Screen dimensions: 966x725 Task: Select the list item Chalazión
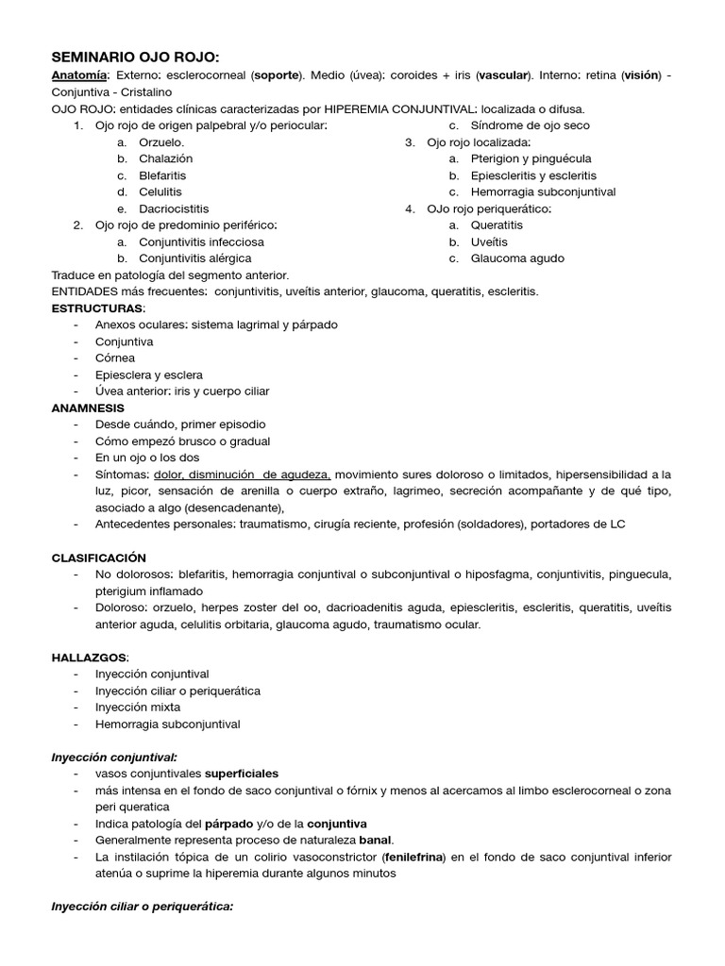(x=165, y=158)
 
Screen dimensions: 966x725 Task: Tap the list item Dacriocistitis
(x=174, y=208)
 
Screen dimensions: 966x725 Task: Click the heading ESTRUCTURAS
(x=98, y=308)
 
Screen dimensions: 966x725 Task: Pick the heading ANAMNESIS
(x=88, y=408)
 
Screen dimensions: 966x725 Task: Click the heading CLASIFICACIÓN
(x=99, y=558)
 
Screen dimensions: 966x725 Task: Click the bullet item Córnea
(x=115, y=358)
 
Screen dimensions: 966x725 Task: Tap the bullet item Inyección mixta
(x=138, y=708)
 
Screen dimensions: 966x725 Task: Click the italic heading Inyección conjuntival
(x=114, y=758)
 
